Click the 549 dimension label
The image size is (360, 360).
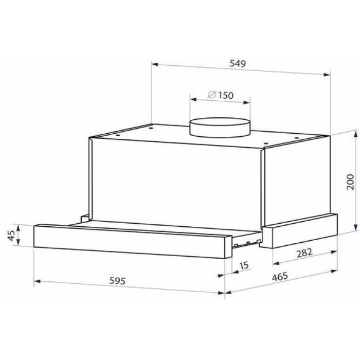pos(238,63)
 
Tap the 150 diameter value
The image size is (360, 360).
pos(226,95)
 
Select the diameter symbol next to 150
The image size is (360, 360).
pos(212,94)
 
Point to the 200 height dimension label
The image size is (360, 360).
pos(350,182)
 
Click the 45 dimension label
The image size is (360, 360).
pos(11,235)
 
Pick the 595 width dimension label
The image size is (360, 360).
pos(117,281)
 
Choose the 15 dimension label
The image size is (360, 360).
pos(244,265)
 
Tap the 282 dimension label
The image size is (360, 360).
pos(304,253)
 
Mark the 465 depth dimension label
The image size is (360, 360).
pos(280,277)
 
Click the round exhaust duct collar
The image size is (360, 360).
pos(219,128)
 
